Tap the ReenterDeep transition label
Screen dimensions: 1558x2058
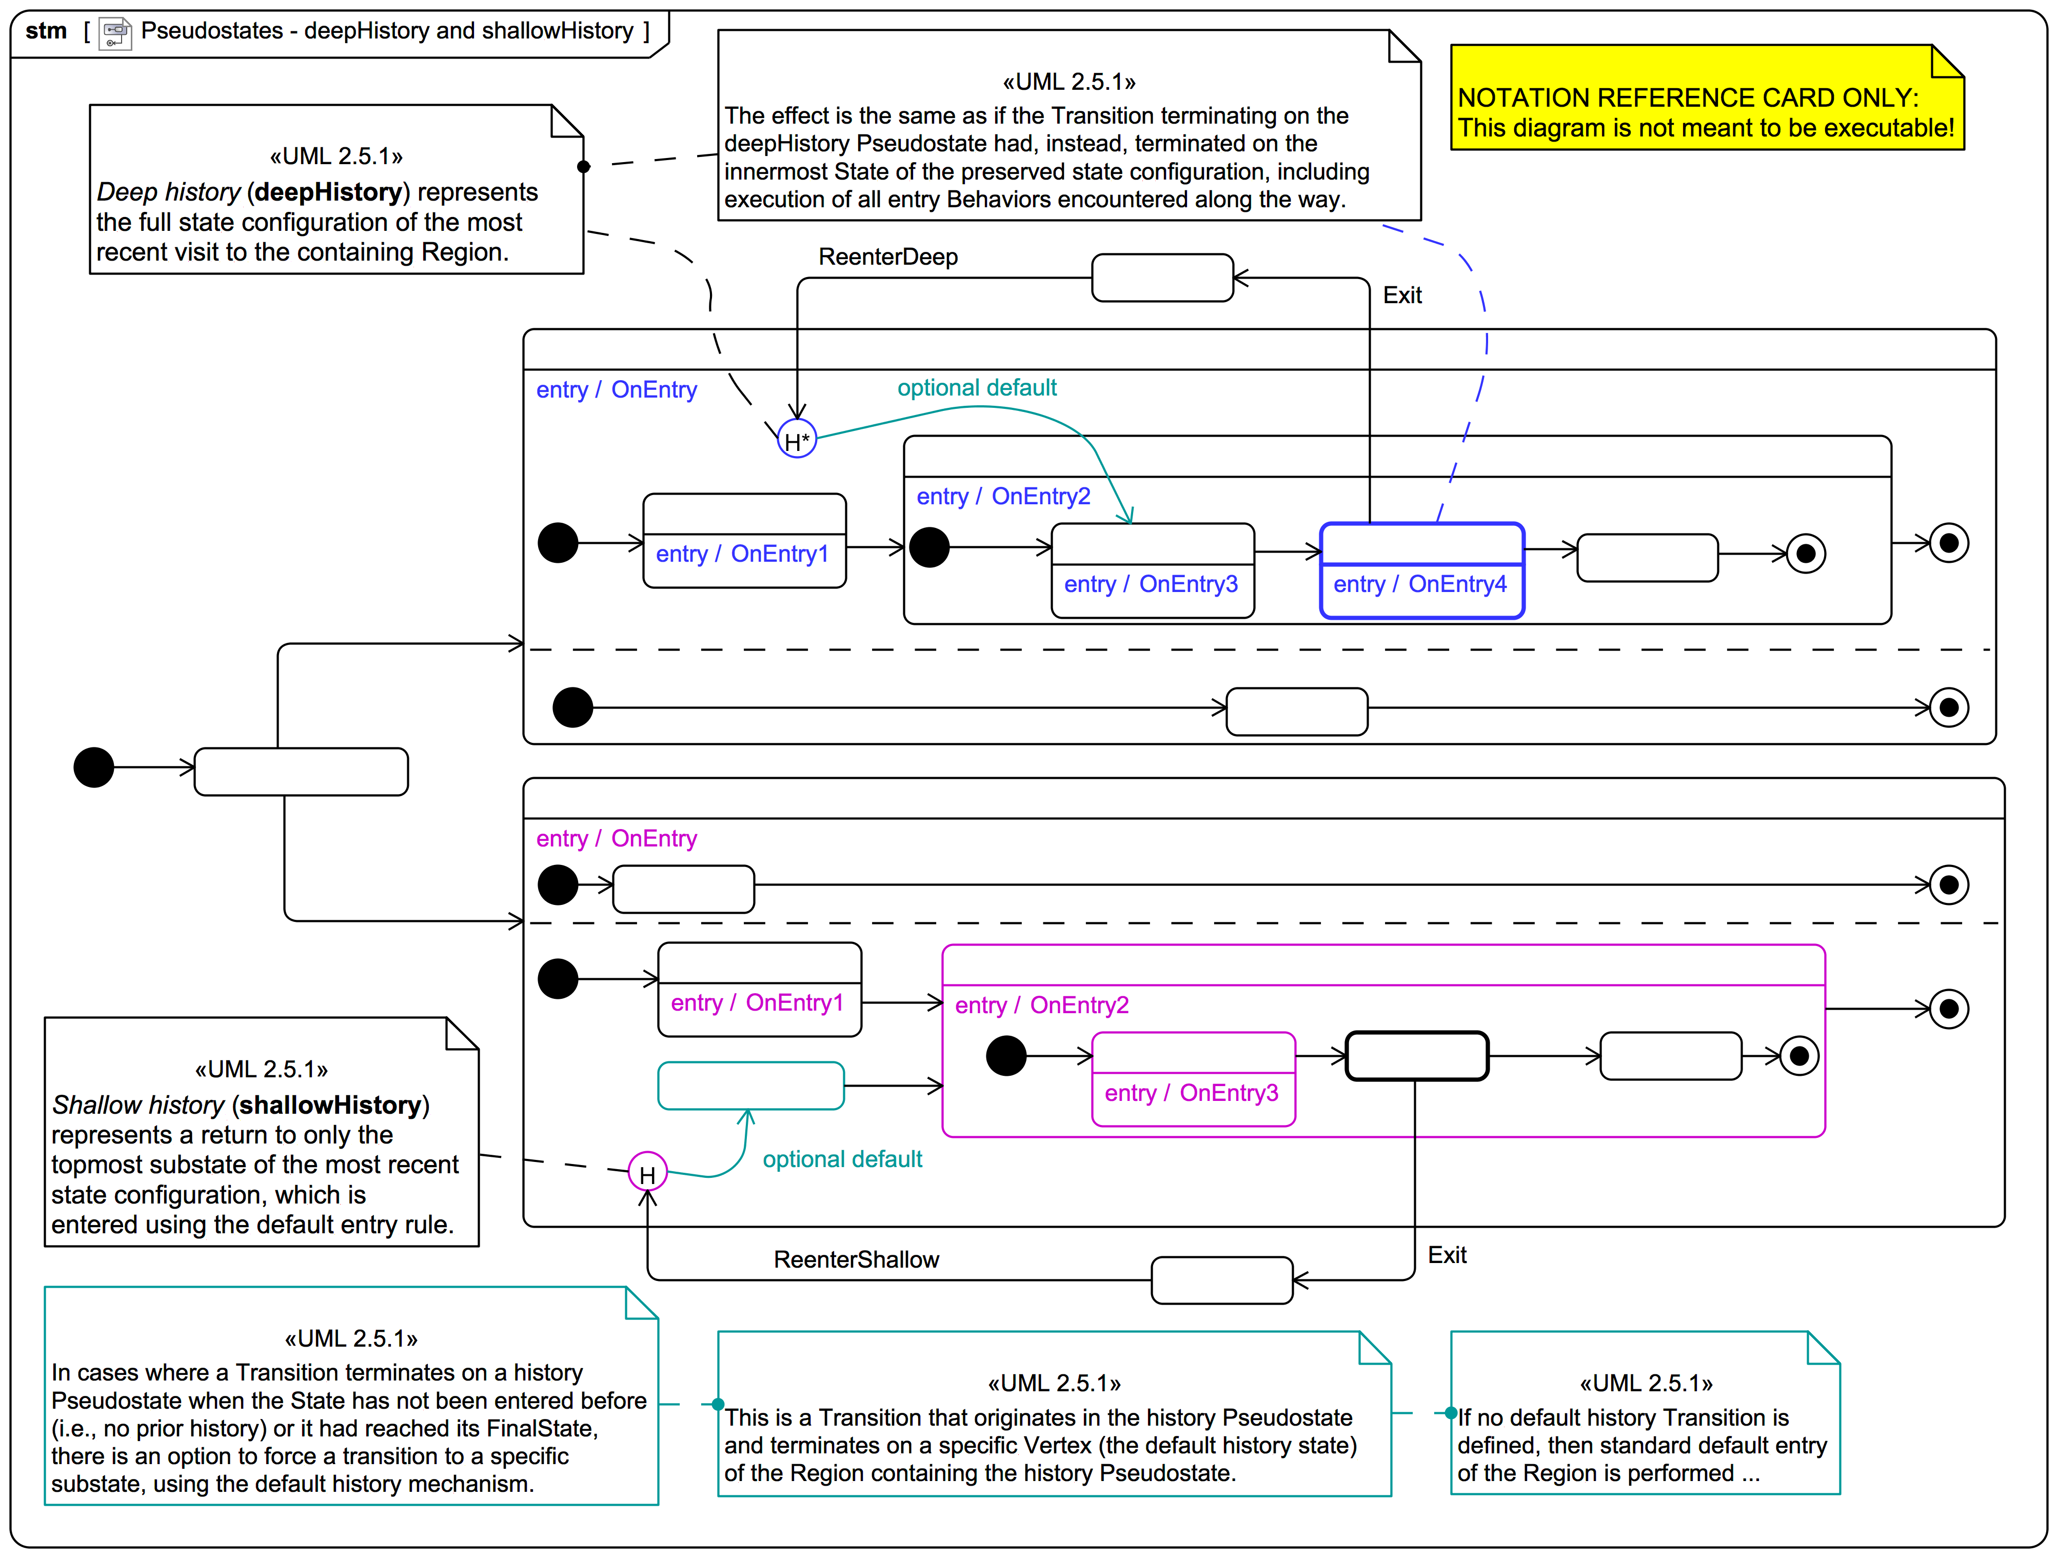click(x=887, y=257)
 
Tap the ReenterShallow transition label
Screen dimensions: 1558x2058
click(x=856, y=1259)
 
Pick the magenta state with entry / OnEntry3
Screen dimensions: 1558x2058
click(x=1193, y=1079)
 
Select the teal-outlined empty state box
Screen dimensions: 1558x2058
click(x=751, y=1085)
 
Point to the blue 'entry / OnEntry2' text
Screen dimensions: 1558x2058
click(x=1003, y=496)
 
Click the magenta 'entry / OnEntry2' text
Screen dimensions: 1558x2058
click(x=1041, y=1005)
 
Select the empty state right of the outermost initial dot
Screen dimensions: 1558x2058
click(x=301, y=772)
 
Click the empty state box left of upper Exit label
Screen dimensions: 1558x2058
click(x=1162, y=278)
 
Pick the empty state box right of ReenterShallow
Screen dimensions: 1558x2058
click(x=1221, y=1280)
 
